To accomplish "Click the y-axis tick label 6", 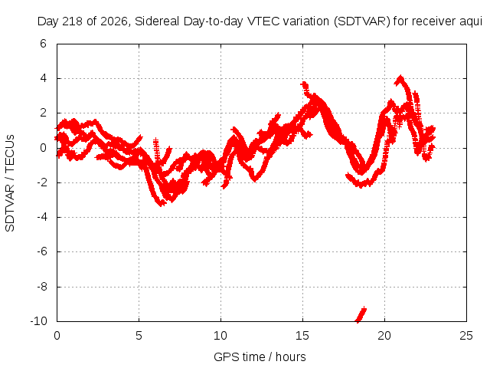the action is [43, 44].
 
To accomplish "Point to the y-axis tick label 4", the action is [43, 78].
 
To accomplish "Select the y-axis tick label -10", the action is [38, 321].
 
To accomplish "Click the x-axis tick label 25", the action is [466, 336].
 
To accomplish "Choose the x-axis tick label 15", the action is [302, 336].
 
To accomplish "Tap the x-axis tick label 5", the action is [139, 336].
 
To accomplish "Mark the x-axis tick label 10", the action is [220, 336].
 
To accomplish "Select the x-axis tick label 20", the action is [384, 336].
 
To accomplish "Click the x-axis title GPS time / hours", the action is [260, 356].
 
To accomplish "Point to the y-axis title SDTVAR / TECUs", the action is [10, 183].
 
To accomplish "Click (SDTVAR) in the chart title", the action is [362, 21].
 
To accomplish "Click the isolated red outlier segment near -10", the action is [361, 314].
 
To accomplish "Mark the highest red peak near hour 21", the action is [400, 77].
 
